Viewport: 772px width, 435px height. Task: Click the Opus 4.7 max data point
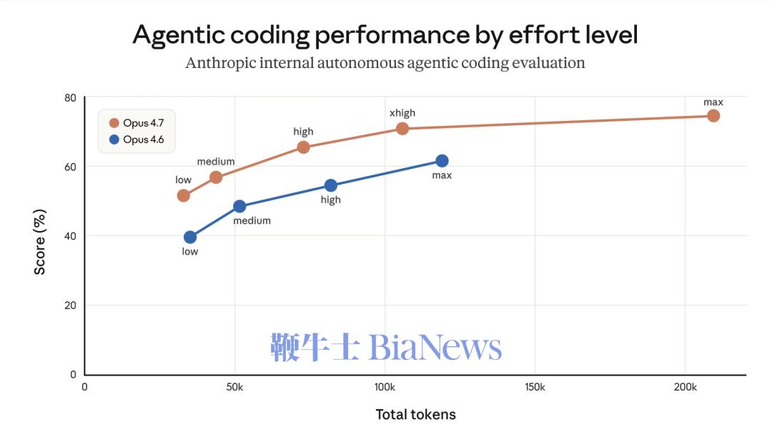tap(713, 116)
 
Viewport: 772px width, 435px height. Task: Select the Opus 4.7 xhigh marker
tap(402, 129)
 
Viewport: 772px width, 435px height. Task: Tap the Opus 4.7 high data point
tap(303, 147)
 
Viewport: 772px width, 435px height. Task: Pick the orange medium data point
tap(216, 177)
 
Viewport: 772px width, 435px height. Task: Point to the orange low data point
tap(184, 195)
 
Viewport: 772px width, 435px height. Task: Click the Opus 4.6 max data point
tap(442, 161)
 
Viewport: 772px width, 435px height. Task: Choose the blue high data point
tap(331, 185)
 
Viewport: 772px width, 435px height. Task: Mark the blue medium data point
tap(239, 207)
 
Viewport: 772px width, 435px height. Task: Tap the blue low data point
tap(190, 238)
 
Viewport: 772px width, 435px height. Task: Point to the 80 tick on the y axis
tap(71, 97)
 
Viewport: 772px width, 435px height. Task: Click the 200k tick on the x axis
tap(685, 387)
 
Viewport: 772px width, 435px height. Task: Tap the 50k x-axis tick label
tap(234, 387)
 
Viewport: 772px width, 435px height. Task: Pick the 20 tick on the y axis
tap(71, 306)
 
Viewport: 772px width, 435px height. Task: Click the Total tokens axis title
tap(415, 414)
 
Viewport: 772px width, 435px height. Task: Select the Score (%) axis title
tap(40, 242)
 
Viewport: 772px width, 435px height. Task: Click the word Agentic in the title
tap(183, 35)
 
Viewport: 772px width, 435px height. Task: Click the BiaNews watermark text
tap(435, 348)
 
